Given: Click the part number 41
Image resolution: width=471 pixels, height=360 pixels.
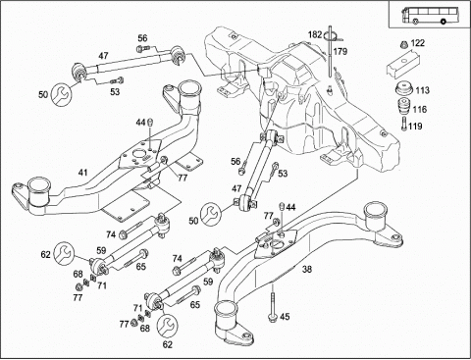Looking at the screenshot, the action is pos(83,172).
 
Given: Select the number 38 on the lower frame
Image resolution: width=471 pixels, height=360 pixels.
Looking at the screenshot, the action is pos(307,269).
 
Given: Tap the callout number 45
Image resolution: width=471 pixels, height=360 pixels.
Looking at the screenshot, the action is pos(285,317).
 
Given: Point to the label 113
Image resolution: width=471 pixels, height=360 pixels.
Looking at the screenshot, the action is pos(422,90).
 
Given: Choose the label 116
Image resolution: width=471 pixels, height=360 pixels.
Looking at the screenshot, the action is pos(420,109).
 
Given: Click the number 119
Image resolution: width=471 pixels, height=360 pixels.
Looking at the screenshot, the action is pos(415,126).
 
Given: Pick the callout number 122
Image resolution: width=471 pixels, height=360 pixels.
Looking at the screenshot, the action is pos(418,43).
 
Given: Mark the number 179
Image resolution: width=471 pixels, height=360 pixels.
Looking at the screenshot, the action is pos(340,51).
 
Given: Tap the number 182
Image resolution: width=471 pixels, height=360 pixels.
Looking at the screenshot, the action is pos(315,34).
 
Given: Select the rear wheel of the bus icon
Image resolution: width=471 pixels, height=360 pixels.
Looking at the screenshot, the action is pos(444,22).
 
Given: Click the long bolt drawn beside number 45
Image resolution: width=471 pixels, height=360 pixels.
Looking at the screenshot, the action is pos(272,303).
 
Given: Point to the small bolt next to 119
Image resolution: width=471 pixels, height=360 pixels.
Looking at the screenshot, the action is pos(404,124).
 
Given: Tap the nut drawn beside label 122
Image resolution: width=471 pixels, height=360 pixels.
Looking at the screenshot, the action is pos(404,44).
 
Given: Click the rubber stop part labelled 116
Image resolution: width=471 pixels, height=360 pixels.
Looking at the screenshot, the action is pos(404,107).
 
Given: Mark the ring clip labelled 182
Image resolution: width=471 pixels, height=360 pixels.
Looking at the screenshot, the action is pos(331,36).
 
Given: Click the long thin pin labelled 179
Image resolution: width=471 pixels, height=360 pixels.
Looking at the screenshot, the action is pos(331,52).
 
